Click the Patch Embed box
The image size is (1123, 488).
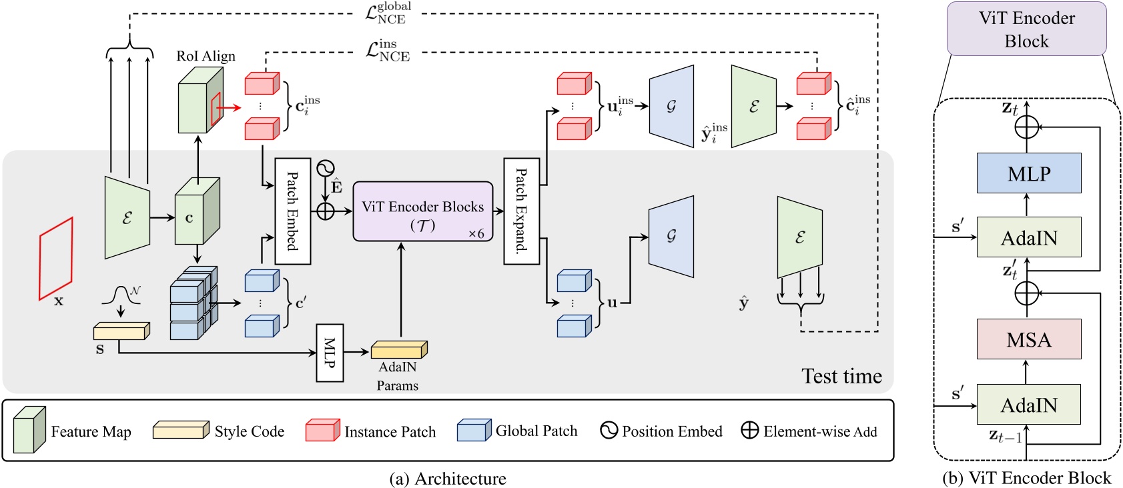293,211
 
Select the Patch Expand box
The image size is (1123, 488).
521,211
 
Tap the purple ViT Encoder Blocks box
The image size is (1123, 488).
423,211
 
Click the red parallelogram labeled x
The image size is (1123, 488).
55,259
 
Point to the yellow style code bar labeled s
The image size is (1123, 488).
121,331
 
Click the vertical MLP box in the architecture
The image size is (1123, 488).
330,353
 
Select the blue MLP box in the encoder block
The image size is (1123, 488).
1028,173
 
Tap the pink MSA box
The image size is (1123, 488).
1028,339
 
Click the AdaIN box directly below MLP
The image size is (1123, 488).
1028,237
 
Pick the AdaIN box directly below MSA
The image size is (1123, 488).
1028,405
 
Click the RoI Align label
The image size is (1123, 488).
206,56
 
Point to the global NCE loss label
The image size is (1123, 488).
389,13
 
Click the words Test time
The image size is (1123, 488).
841,376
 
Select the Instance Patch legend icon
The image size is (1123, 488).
323,431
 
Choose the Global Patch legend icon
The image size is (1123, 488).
474,431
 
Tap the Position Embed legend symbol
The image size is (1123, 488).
609,431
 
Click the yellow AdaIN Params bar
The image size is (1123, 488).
399,349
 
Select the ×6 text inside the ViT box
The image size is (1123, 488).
476,234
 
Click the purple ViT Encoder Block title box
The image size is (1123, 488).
1026,29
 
